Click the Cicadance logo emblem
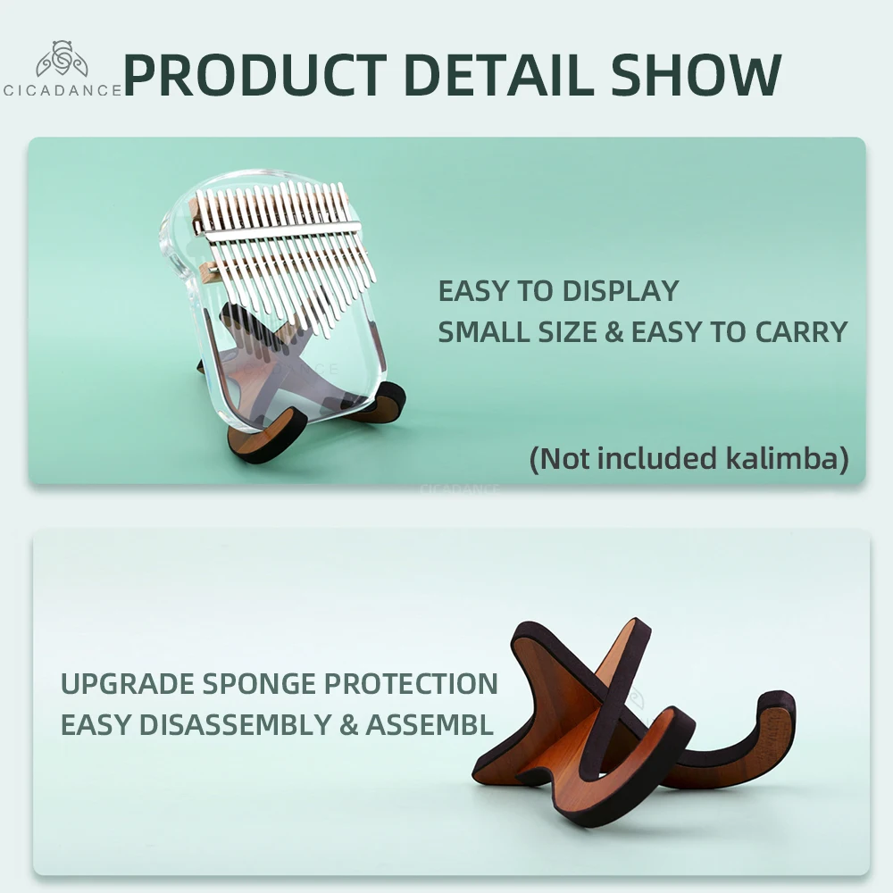click(63, 59)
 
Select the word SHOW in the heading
click(696, 75)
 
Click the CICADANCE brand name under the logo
click(63, 90)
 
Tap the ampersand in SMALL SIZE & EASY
click(614, 332)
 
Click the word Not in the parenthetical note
click(563, 458)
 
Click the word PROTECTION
click(411, 683)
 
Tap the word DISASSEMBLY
click(235, 724)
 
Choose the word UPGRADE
click(128, 683)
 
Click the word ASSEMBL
click(430, 724)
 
